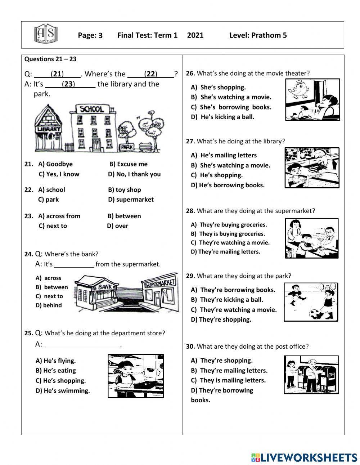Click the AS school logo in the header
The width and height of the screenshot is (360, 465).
45,35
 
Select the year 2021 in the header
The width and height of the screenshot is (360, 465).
195,35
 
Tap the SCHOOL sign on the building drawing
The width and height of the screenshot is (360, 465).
92,109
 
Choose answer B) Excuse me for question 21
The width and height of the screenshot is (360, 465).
128,164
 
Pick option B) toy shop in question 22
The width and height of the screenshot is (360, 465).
124,190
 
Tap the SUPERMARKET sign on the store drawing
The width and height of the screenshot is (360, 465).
160,283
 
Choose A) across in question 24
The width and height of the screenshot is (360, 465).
49,278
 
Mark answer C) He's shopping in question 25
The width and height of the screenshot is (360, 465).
60,381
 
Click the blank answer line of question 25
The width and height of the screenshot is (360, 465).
83,346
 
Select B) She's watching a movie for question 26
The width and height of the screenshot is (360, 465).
231,97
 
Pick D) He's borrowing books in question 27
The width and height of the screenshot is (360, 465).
228,185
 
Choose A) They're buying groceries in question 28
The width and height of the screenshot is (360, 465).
229,225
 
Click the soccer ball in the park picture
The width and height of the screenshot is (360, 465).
316,314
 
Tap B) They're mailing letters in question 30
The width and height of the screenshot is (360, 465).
229,371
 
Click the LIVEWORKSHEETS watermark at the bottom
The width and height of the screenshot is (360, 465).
304,457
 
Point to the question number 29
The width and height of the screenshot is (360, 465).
190,276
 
